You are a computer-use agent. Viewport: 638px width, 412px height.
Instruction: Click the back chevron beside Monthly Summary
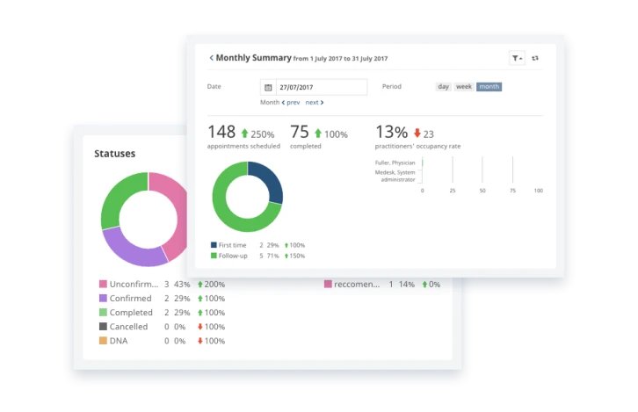tap(211, 58)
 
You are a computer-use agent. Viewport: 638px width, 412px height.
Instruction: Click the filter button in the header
tap(517, 58)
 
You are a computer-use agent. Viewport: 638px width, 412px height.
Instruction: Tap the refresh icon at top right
tap(536, 58)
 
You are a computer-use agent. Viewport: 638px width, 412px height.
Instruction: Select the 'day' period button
tap(444, 87)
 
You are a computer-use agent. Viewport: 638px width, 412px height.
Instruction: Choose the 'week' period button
tap(463, 87)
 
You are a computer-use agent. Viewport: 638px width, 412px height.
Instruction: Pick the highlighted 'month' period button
tap(489, 87)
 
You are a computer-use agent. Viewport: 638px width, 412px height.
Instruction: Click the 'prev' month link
tap(290, 103)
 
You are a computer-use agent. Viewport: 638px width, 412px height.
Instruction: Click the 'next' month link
tap(314, 103)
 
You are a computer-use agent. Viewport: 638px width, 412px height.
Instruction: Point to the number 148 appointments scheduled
tap(221, 132)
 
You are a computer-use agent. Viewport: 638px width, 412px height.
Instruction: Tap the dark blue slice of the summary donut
tap(265, 181)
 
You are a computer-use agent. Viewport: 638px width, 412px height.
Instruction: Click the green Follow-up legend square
tap(214, 256)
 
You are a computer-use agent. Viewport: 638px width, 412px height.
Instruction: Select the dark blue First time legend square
tap(214, 244)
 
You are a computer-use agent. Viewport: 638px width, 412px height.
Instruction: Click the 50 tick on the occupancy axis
tap(482, 191)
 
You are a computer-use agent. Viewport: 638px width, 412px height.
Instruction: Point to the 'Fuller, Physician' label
tap(395, 163)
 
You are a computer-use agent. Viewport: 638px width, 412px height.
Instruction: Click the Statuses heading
tap(115, 154)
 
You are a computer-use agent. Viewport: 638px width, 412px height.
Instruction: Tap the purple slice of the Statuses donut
tap(132, 245)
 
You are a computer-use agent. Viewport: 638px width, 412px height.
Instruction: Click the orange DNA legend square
tap(103, 341)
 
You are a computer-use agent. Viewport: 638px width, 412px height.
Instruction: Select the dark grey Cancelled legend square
tap(103, 327)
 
